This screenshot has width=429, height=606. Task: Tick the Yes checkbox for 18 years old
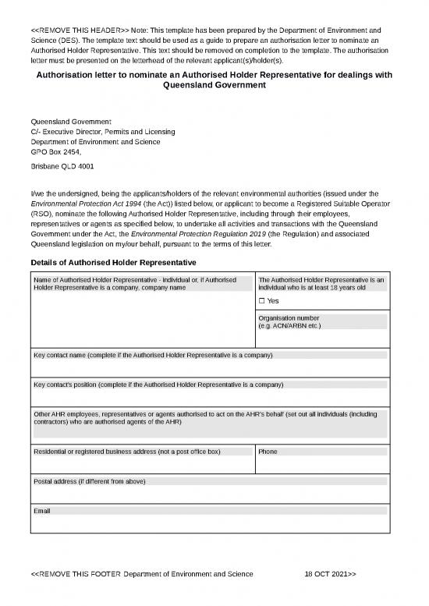(262, 301)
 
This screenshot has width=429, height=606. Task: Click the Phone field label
(268, 452)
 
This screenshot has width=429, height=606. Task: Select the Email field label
(42, 510)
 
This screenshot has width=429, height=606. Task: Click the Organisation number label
(289, 318)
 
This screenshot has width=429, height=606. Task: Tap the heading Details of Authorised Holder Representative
(112, 262)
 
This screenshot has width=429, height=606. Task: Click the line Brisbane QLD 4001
(62, 167)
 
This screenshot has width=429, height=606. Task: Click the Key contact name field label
(153, 355)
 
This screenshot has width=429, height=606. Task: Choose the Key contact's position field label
(158, 385)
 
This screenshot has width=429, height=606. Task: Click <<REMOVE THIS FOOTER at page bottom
(75, 574)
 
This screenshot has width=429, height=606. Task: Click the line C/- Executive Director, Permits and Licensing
(102, 132)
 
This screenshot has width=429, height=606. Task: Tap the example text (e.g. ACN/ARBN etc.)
(289, 325)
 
